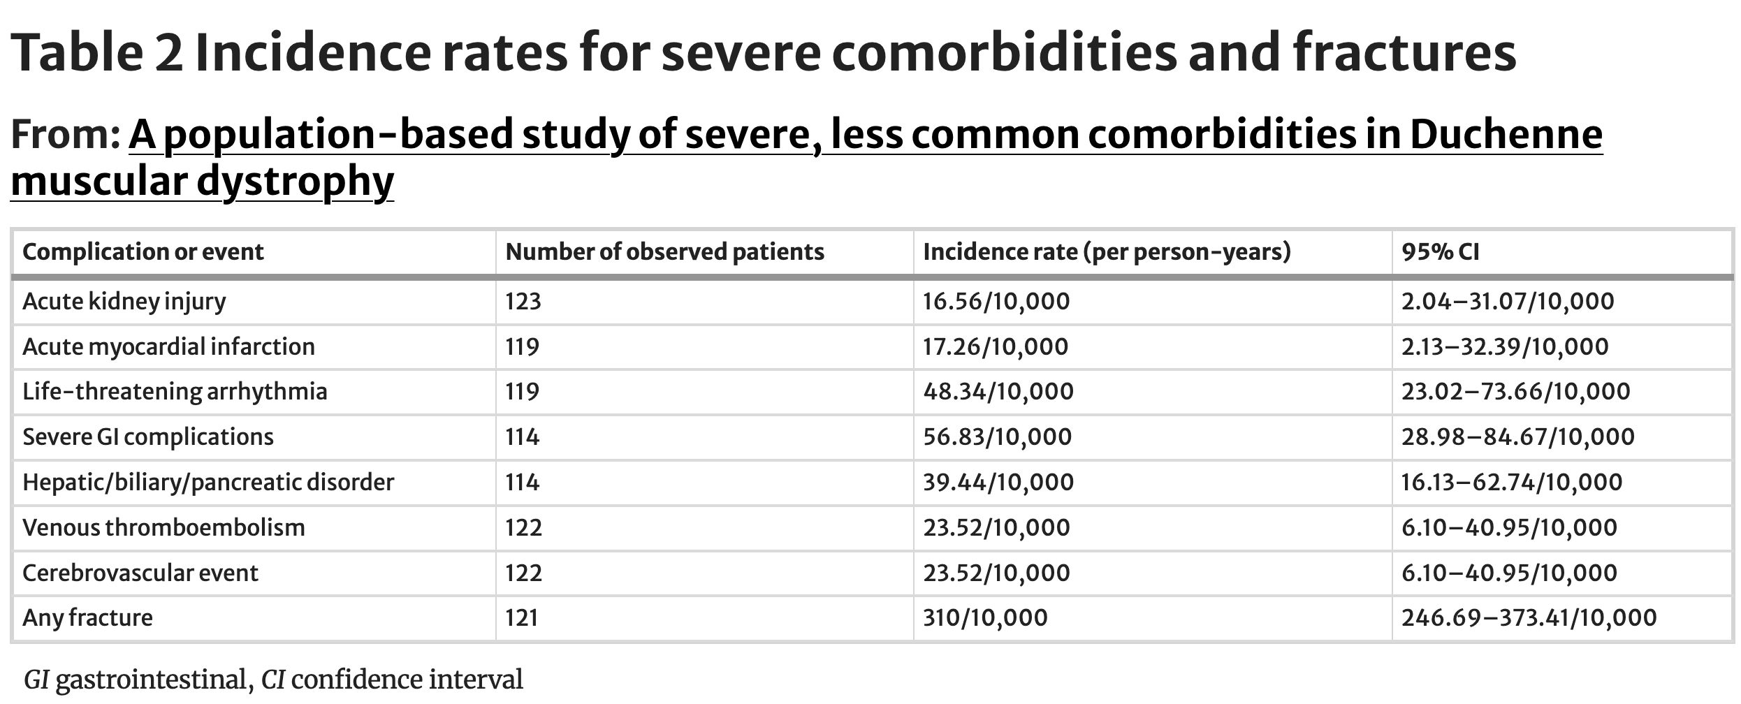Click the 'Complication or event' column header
143,252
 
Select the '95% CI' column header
1440,252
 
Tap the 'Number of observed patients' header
665,252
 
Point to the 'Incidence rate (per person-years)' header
1107,252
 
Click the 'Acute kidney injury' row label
124,302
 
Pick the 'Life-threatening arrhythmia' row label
175,392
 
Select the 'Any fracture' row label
87,618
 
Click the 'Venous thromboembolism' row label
163,527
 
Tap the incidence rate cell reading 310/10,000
985,618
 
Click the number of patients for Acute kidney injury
523,302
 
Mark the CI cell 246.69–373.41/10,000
1529,618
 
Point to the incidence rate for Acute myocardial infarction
996,347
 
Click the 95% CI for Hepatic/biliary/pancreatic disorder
1512,483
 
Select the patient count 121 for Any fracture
522,618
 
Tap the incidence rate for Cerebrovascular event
996,573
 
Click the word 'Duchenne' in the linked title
1506,135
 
